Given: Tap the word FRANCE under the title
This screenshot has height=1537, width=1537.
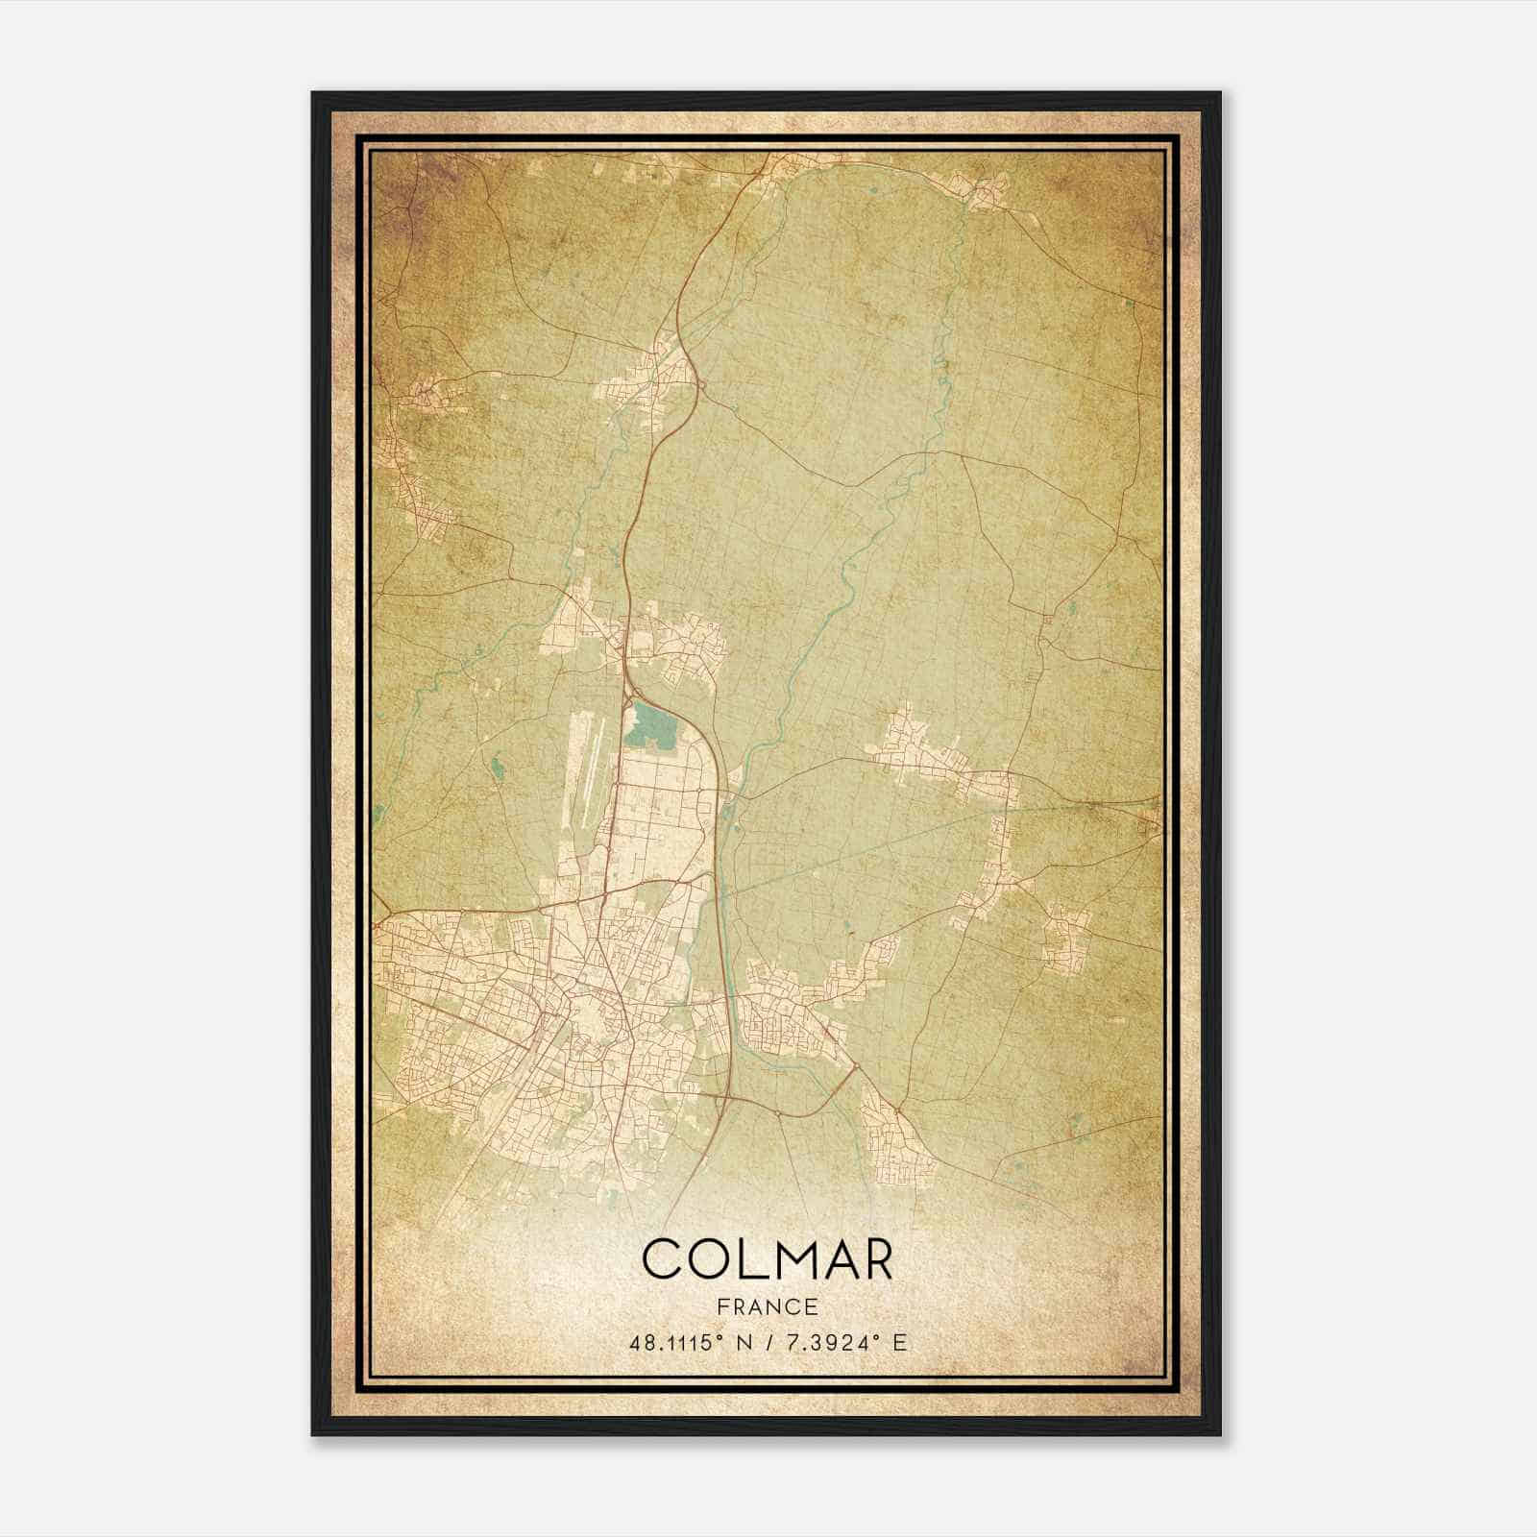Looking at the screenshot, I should click(767, 1306).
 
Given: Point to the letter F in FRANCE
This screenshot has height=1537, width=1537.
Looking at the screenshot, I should click(722, 1306).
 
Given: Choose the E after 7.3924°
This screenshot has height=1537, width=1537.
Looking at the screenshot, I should click(898, 1343).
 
